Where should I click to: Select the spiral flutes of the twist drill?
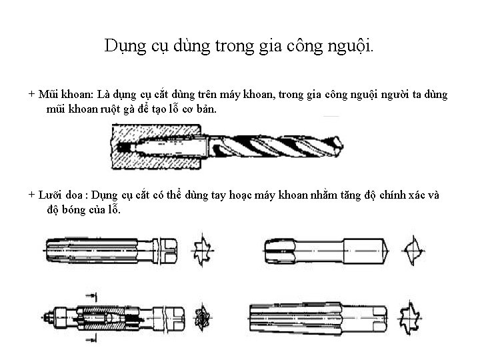click(280, 146)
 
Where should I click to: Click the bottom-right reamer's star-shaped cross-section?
click(412, 315)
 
